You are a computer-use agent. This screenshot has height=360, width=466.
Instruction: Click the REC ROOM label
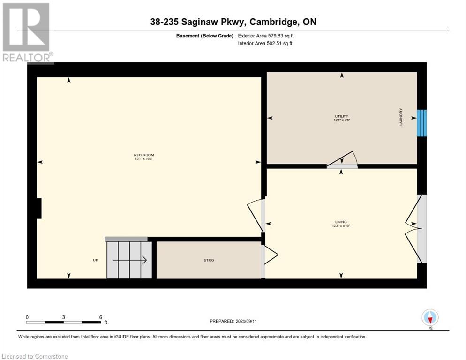click(x=143, y=155)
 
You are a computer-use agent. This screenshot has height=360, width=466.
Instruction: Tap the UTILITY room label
click(x=341, y=116)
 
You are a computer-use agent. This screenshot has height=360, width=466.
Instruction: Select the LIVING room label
click(x=340, y=222)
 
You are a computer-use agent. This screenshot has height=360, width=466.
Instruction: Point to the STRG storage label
click(x=209, y=260)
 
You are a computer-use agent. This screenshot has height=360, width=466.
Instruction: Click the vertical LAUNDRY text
click(x=401, y=117)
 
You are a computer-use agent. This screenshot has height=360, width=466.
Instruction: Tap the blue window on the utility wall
click(x=421, y=123)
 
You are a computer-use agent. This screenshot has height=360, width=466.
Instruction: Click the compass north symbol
click(x=430, y=317)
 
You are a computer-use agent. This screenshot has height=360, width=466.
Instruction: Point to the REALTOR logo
click(x=26, y=33)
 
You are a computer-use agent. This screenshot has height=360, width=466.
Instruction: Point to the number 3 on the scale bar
click(x=63, y=317)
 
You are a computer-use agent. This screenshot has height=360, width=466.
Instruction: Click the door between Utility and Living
click(x=342, y=161)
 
